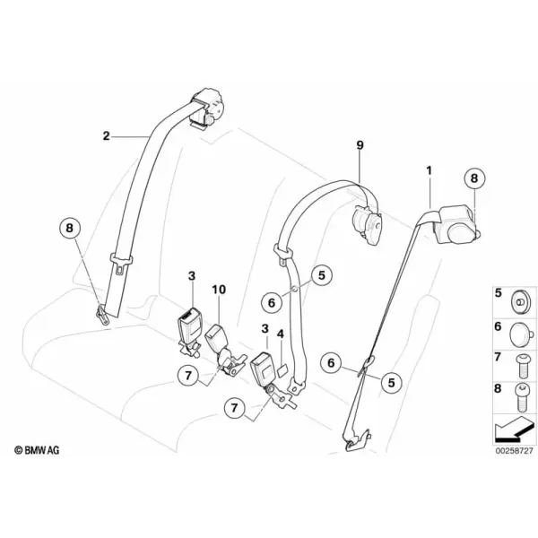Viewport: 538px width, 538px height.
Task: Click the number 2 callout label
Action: (107, 136)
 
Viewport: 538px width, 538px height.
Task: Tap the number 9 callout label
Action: (360, 145)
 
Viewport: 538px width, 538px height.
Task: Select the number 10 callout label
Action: (219, 290)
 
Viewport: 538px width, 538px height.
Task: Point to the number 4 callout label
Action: (281, 334)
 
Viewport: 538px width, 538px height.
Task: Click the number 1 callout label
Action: (429, 170)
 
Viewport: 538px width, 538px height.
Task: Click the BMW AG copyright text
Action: (37, 450)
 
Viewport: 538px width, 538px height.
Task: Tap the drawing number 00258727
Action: (514, 450)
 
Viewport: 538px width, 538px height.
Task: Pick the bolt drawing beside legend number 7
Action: (521, 366)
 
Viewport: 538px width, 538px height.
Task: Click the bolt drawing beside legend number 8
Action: (521, 397)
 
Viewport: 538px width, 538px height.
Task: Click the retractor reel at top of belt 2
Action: (207, 110)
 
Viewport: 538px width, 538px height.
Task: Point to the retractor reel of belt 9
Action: (368, 223)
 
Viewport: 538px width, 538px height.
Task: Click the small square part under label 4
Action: (282, 371)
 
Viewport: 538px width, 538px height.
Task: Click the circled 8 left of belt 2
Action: (70, 228)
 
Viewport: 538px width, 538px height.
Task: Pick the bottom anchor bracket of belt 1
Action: (356, 438)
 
